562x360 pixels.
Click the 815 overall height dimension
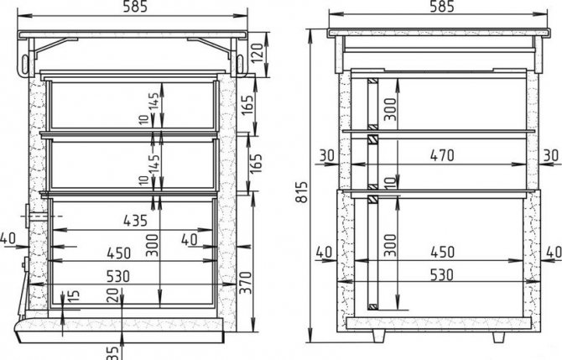[x=302, y=192]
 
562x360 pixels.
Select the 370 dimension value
[x=246, y=283]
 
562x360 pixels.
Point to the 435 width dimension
[x=136, y=220]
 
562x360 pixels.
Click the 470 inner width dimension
[x=442, y=155]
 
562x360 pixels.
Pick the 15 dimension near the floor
[x=74, y=296]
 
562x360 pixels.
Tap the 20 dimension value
[x=112, y=295]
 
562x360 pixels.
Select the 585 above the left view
[x=136, y=7]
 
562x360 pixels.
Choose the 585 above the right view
[x=442, y=7]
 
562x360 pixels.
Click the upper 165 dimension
[x=247, y=105]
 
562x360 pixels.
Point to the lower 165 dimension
[x=256, y=164]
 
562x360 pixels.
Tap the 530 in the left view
[x=118, y=276]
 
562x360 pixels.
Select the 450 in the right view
[x=443, y=252]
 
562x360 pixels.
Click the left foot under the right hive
[x=378, y=337]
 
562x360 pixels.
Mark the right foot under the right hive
[x=498, y=337]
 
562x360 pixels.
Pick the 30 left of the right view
[x=326, y=155]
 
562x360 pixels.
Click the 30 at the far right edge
[x=551, y=155]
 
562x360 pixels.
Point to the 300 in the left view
[x=153, y=245]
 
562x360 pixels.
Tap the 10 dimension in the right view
[x=392, y=182]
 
